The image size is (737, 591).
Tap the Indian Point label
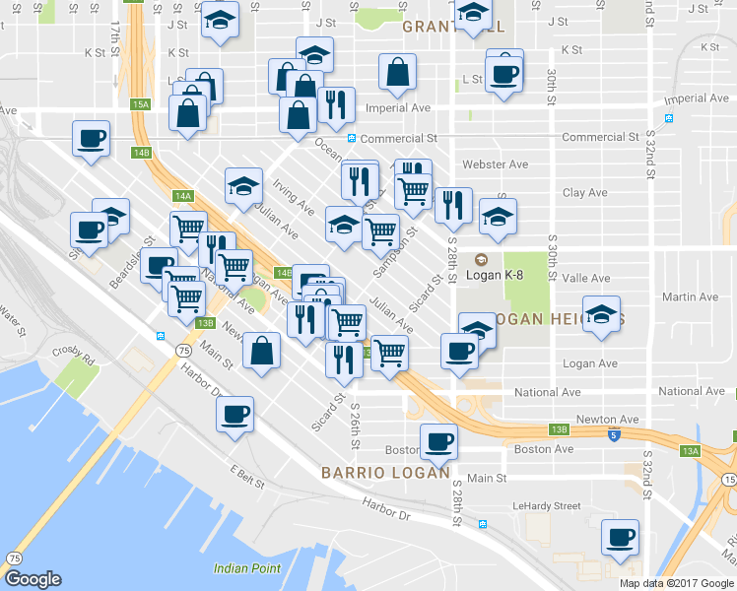coord(247,568)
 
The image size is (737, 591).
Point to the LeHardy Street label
coord(547,505)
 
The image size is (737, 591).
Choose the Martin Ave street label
coord(691,296)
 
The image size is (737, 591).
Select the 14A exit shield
coord(182,196)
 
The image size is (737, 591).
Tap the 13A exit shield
coord(692,450)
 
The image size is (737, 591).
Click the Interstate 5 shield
coord(614,433)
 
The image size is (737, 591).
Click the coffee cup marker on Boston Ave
coord(438,442)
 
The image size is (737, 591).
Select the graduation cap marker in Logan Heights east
coord(601,314)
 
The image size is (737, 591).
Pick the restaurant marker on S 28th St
coord(452,206)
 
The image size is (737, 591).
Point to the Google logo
coord(33,579)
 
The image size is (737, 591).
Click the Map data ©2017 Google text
coord(676,583)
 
